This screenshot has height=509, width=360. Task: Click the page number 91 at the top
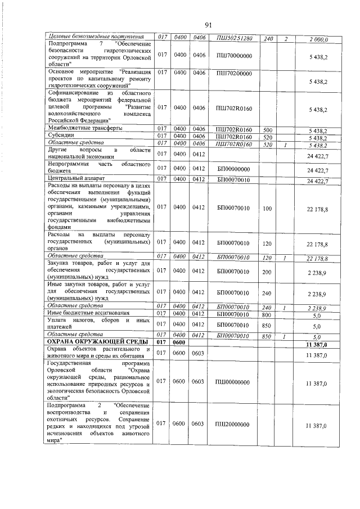pos(208,25)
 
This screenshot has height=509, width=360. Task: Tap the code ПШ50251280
pos(234,38)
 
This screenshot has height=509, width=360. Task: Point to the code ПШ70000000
pos(234,55)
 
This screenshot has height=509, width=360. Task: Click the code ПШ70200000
pos(234,73)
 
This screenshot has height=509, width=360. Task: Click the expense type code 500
pos(268,129)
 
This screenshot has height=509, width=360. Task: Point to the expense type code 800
pos(268,313)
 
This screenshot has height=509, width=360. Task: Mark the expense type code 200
pos(268,272)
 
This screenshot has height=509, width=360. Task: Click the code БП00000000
pos(234,169)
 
